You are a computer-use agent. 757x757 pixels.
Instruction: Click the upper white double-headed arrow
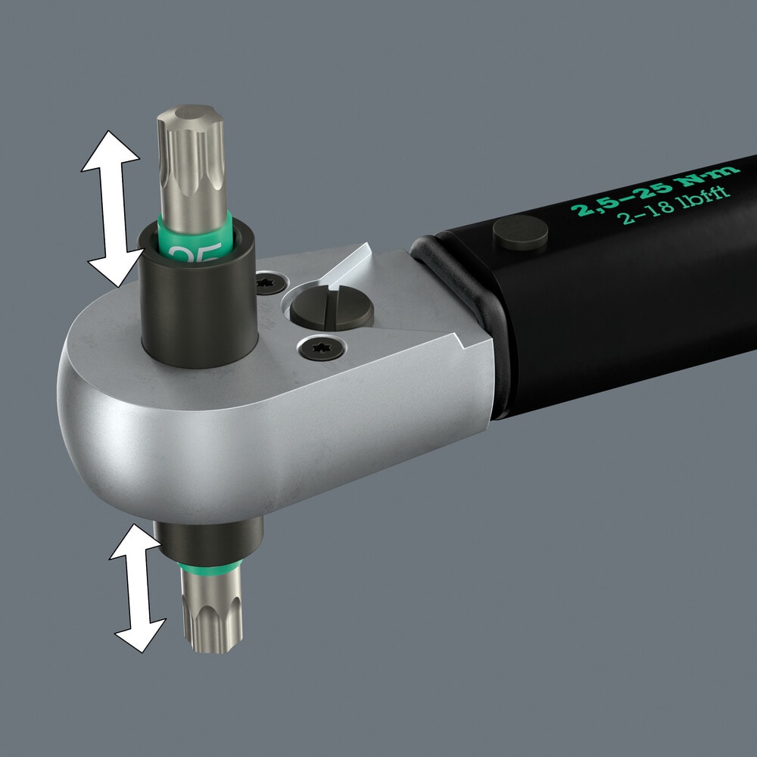click(112, 208)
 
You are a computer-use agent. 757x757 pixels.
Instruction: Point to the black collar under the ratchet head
click(209, 540)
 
